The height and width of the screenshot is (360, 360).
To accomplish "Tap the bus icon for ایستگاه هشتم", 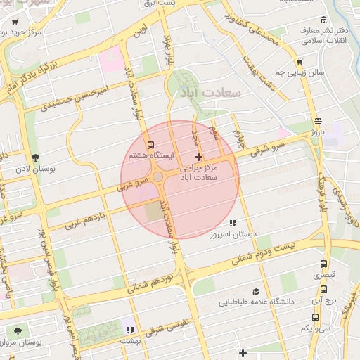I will pos(150,145).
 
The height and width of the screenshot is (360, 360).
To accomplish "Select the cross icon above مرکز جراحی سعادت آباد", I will pos(199,156).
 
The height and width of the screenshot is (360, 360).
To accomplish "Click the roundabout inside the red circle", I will pos(159,177).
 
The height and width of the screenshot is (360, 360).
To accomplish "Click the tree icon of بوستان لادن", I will pos(36,157).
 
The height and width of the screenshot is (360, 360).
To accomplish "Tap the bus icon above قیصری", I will pos(323,264).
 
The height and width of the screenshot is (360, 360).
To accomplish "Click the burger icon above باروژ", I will pos(319,120).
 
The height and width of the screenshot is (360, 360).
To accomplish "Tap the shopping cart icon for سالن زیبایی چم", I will pos(300,62).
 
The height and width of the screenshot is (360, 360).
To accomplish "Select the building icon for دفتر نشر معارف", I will pos(323,20).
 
